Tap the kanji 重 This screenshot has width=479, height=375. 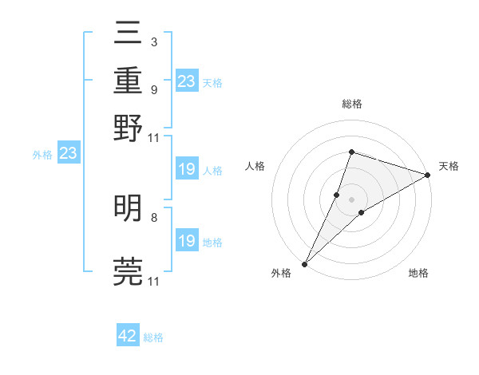pos(129,82)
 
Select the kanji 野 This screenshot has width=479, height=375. pos(129,127)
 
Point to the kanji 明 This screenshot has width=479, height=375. pos(129,209)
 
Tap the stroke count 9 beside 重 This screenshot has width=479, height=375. pos(153,90)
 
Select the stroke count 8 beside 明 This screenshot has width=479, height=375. pos(153,216)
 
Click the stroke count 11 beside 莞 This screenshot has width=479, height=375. pos(153,282)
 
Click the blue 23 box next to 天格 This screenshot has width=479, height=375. pos(186,81)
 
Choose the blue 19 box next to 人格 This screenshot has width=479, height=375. pos(186,169)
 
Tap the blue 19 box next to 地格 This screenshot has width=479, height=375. pos(186,241)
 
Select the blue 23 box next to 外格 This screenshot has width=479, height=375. pos(68,153)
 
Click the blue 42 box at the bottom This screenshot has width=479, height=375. pos(128,336)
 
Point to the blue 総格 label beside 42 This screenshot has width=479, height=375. pos(153,337)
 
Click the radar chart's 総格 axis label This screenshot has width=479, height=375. pos(351,104)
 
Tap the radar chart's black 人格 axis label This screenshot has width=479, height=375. pos(255,166)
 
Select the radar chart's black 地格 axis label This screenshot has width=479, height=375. pos(418,274)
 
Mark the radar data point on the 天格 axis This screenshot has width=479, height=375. pos(428,175)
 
